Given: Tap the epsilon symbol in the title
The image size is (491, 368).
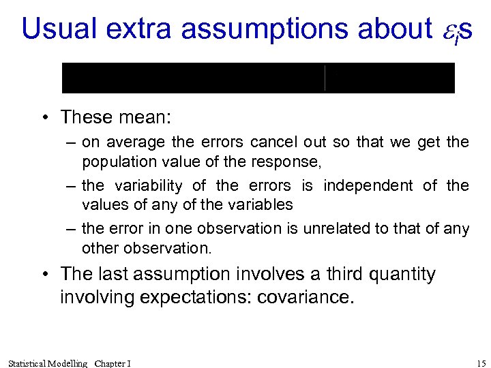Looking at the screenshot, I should [445, 30].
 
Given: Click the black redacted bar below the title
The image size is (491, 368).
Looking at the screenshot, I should [258, 78].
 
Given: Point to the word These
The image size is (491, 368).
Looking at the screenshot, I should [86, 117].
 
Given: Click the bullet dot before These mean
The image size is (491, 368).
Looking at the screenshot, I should [44, 118].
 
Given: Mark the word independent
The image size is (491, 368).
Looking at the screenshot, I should [368, 186].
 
